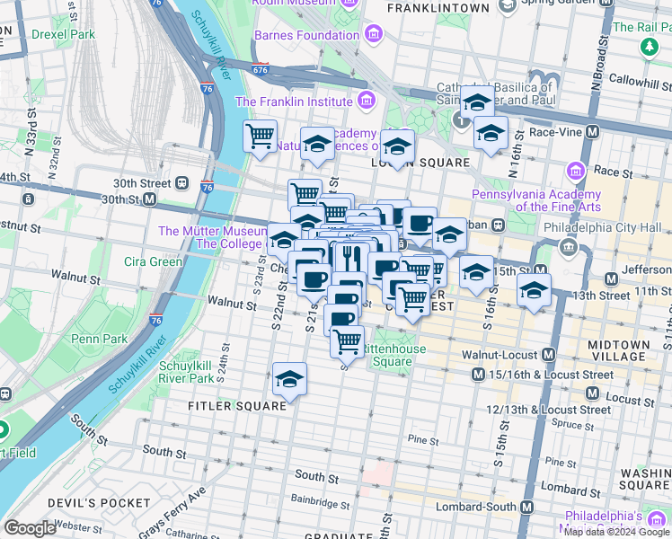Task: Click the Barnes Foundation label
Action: [x=306, y=35]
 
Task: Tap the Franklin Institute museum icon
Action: [x=365, y=101]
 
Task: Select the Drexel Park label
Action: [x=63, y=34]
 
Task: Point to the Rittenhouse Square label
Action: [x=392, y=356]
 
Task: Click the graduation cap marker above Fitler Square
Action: [x=289, y=379]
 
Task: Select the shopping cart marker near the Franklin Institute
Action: [x=260, y=137]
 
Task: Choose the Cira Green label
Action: [x=153, y=262]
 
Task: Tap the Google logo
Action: [x=31, y=528]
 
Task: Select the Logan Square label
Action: [x=420, y=163]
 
